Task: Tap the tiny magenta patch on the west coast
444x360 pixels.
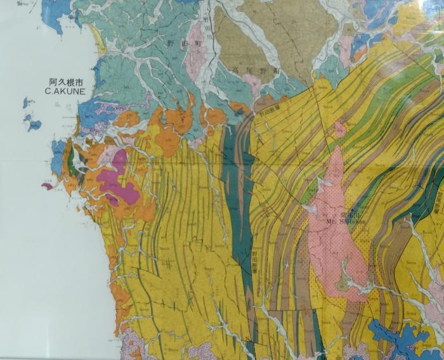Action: (x=47, y=186)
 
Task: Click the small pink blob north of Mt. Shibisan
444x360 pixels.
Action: (x=341, y=130)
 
